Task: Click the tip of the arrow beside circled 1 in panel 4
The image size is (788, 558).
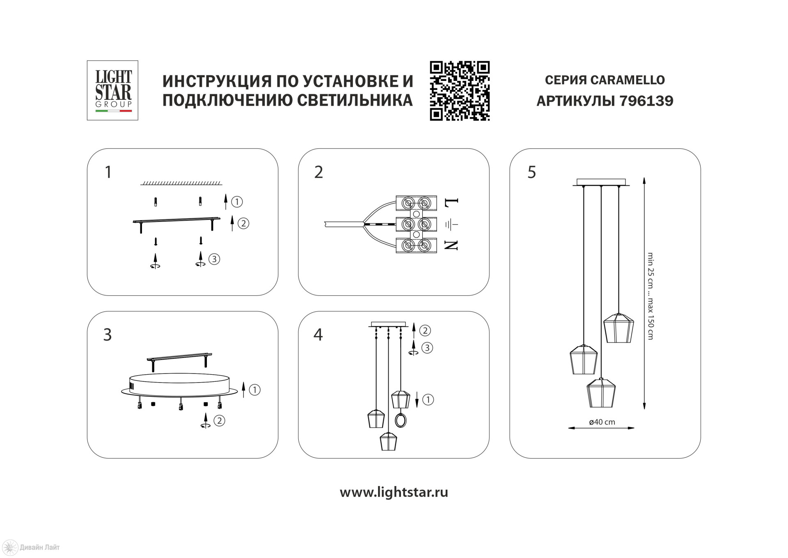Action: point(417,408)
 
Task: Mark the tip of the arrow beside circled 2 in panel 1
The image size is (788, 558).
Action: point(232,216)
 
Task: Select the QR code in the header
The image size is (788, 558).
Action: point(460,91)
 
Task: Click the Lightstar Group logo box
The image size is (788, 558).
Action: point(112,90)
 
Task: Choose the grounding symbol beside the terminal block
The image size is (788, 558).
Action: point(451,224)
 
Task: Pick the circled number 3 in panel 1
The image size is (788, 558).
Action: point(214,259)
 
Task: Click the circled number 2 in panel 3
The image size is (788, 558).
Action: point(220,421)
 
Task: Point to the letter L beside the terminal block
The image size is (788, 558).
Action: point(451,203)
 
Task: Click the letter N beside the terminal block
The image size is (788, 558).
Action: point(451,246)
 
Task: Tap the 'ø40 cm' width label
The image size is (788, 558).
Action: point(602,422)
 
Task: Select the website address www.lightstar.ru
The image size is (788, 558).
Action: point(394,492)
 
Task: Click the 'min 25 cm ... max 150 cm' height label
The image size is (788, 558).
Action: point(650,296)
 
